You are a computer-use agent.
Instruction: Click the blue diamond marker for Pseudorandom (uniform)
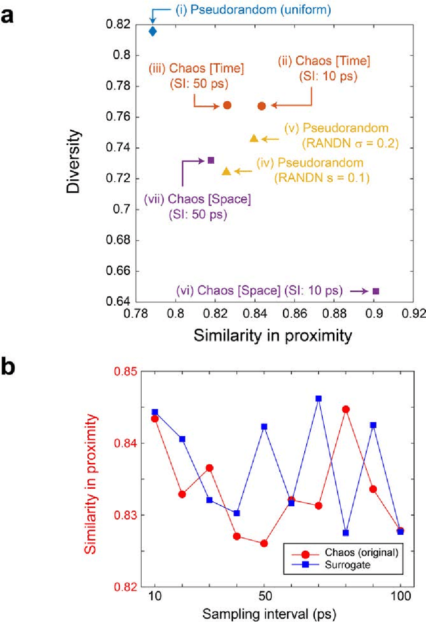click(152, 31)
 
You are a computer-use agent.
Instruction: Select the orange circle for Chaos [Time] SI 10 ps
click(262, 106)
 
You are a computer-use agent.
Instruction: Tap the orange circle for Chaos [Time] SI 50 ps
click(227, 105)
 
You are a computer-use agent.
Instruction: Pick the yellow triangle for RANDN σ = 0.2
click(254, 138)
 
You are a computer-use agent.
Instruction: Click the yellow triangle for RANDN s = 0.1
click(226, 172)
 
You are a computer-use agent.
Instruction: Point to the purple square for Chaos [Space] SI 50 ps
click(211, 160)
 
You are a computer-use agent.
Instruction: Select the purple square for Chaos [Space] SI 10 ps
click(376, 291)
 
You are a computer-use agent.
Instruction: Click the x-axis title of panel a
click(272, 336)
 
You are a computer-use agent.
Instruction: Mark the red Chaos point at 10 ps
click(154, 418)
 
